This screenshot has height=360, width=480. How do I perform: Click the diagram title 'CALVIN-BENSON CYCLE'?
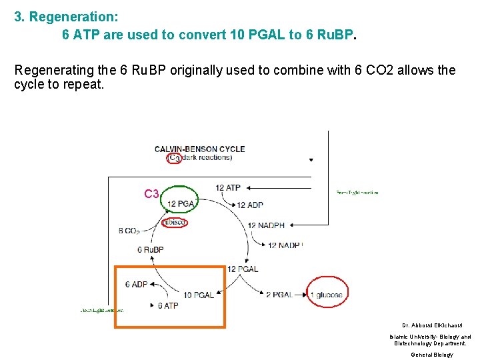[x=200, y=149]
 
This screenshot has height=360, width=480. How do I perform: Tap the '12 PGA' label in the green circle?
[x=181, y=203]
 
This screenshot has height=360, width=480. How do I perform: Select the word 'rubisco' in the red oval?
[x=174, y=222]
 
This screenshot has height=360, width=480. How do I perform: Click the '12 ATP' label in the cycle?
[x=228, y=188]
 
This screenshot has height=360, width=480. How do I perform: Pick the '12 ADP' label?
[x=250, y=205]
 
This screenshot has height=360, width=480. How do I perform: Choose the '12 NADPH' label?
[x=265, y=225]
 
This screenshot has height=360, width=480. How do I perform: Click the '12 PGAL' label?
[x=243, y=269]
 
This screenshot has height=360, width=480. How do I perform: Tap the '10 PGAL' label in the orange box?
[x=199, y=295]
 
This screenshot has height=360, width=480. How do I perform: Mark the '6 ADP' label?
[x=136, y=284]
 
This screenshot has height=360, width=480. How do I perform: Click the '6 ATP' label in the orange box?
[x=167, y=306]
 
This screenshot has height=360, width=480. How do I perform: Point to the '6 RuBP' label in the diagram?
[x=151, y=250]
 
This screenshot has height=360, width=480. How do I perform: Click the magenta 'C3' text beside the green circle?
[x=151, y=194]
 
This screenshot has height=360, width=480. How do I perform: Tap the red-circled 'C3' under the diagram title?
[x=175, y=159]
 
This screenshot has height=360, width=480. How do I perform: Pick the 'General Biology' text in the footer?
[x=431, y=355]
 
